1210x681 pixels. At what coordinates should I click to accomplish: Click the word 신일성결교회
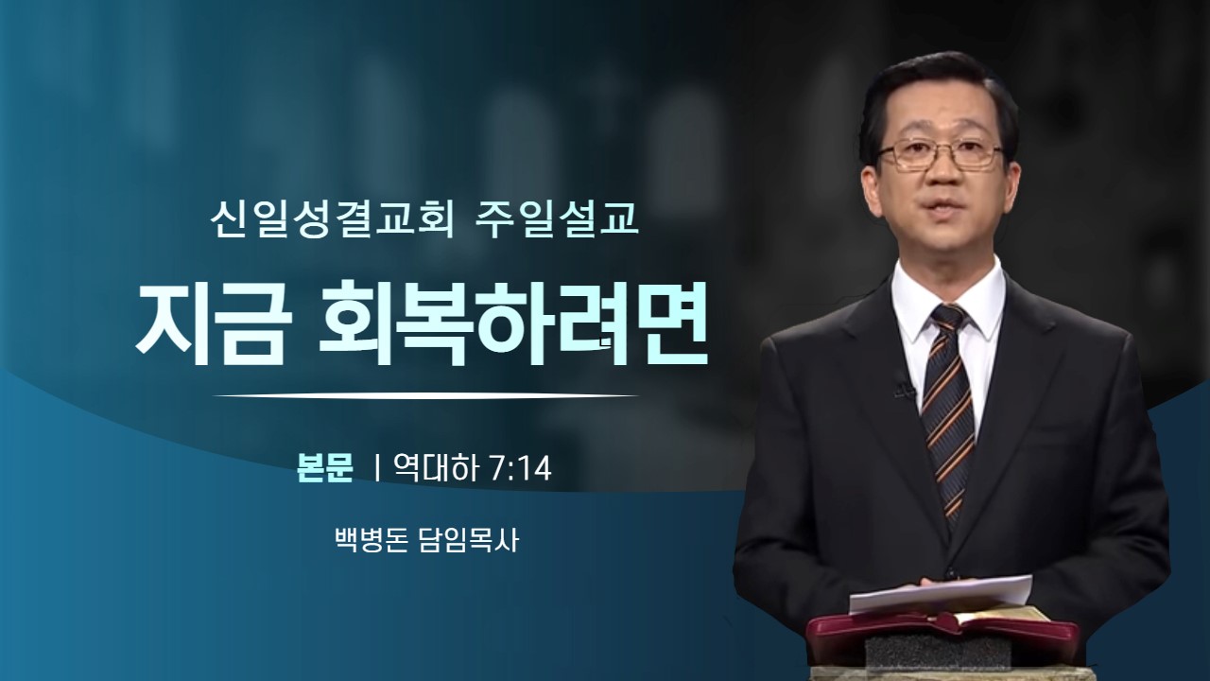(x=331, y=219)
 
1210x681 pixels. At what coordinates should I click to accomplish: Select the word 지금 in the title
(x=210, y=324)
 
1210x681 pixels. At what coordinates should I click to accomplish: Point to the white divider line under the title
(x=425, y=396)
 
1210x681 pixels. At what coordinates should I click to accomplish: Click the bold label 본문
(x=325, y=467)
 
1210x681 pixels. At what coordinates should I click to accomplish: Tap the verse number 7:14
(x=521, y=468)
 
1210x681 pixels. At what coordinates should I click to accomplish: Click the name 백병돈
(x=372, y=539)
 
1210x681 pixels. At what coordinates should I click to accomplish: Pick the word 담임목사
(x=469, y=539)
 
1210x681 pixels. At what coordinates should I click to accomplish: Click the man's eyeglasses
(x=941, y=153)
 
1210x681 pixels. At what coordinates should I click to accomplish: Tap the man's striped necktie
(x=947, y=406)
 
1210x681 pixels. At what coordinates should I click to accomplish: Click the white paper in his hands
(x=941, y=593)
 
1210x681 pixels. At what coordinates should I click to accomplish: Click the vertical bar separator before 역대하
(x=377, y=468)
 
